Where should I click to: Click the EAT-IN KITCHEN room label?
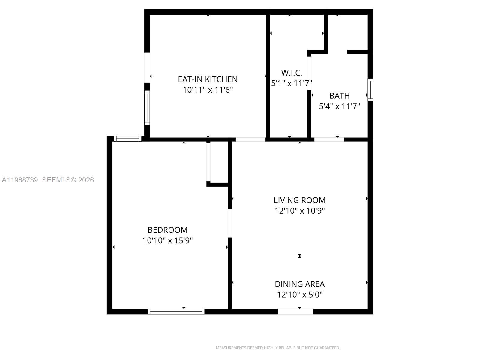[x=208, y=79]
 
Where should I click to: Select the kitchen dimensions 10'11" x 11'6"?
[x=208, y=90]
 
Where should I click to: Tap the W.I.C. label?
[x=291, y=73]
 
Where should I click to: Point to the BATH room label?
[x=339, y=96]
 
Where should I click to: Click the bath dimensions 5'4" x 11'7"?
[x=339, y=106]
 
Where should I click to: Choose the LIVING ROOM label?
[x=299, y=200]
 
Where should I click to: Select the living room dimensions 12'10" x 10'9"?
[x=299, y=211]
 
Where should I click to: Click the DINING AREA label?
[x=299, y=284]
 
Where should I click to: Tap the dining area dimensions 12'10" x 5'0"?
[x=299, y=294]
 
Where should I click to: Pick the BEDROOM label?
[x=167, y=230]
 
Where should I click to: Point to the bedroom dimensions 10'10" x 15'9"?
[x=167, y=240]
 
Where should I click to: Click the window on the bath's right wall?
[x=370, y=90]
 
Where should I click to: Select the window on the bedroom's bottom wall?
[x=176, y=312]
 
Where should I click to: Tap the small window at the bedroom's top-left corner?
[x=127, y=139]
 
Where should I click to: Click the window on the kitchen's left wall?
[x=147, y=108]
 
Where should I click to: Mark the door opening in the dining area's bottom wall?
[x=295, y=312]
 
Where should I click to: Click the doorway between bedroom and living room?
[x=230, y=223]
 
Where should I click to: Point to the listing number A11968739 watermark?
[x=20, y=180]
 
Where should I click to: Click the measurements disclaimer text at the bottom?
[x=278, y=348]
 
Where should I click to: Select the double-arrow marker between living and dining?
[x=299, y=256]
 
